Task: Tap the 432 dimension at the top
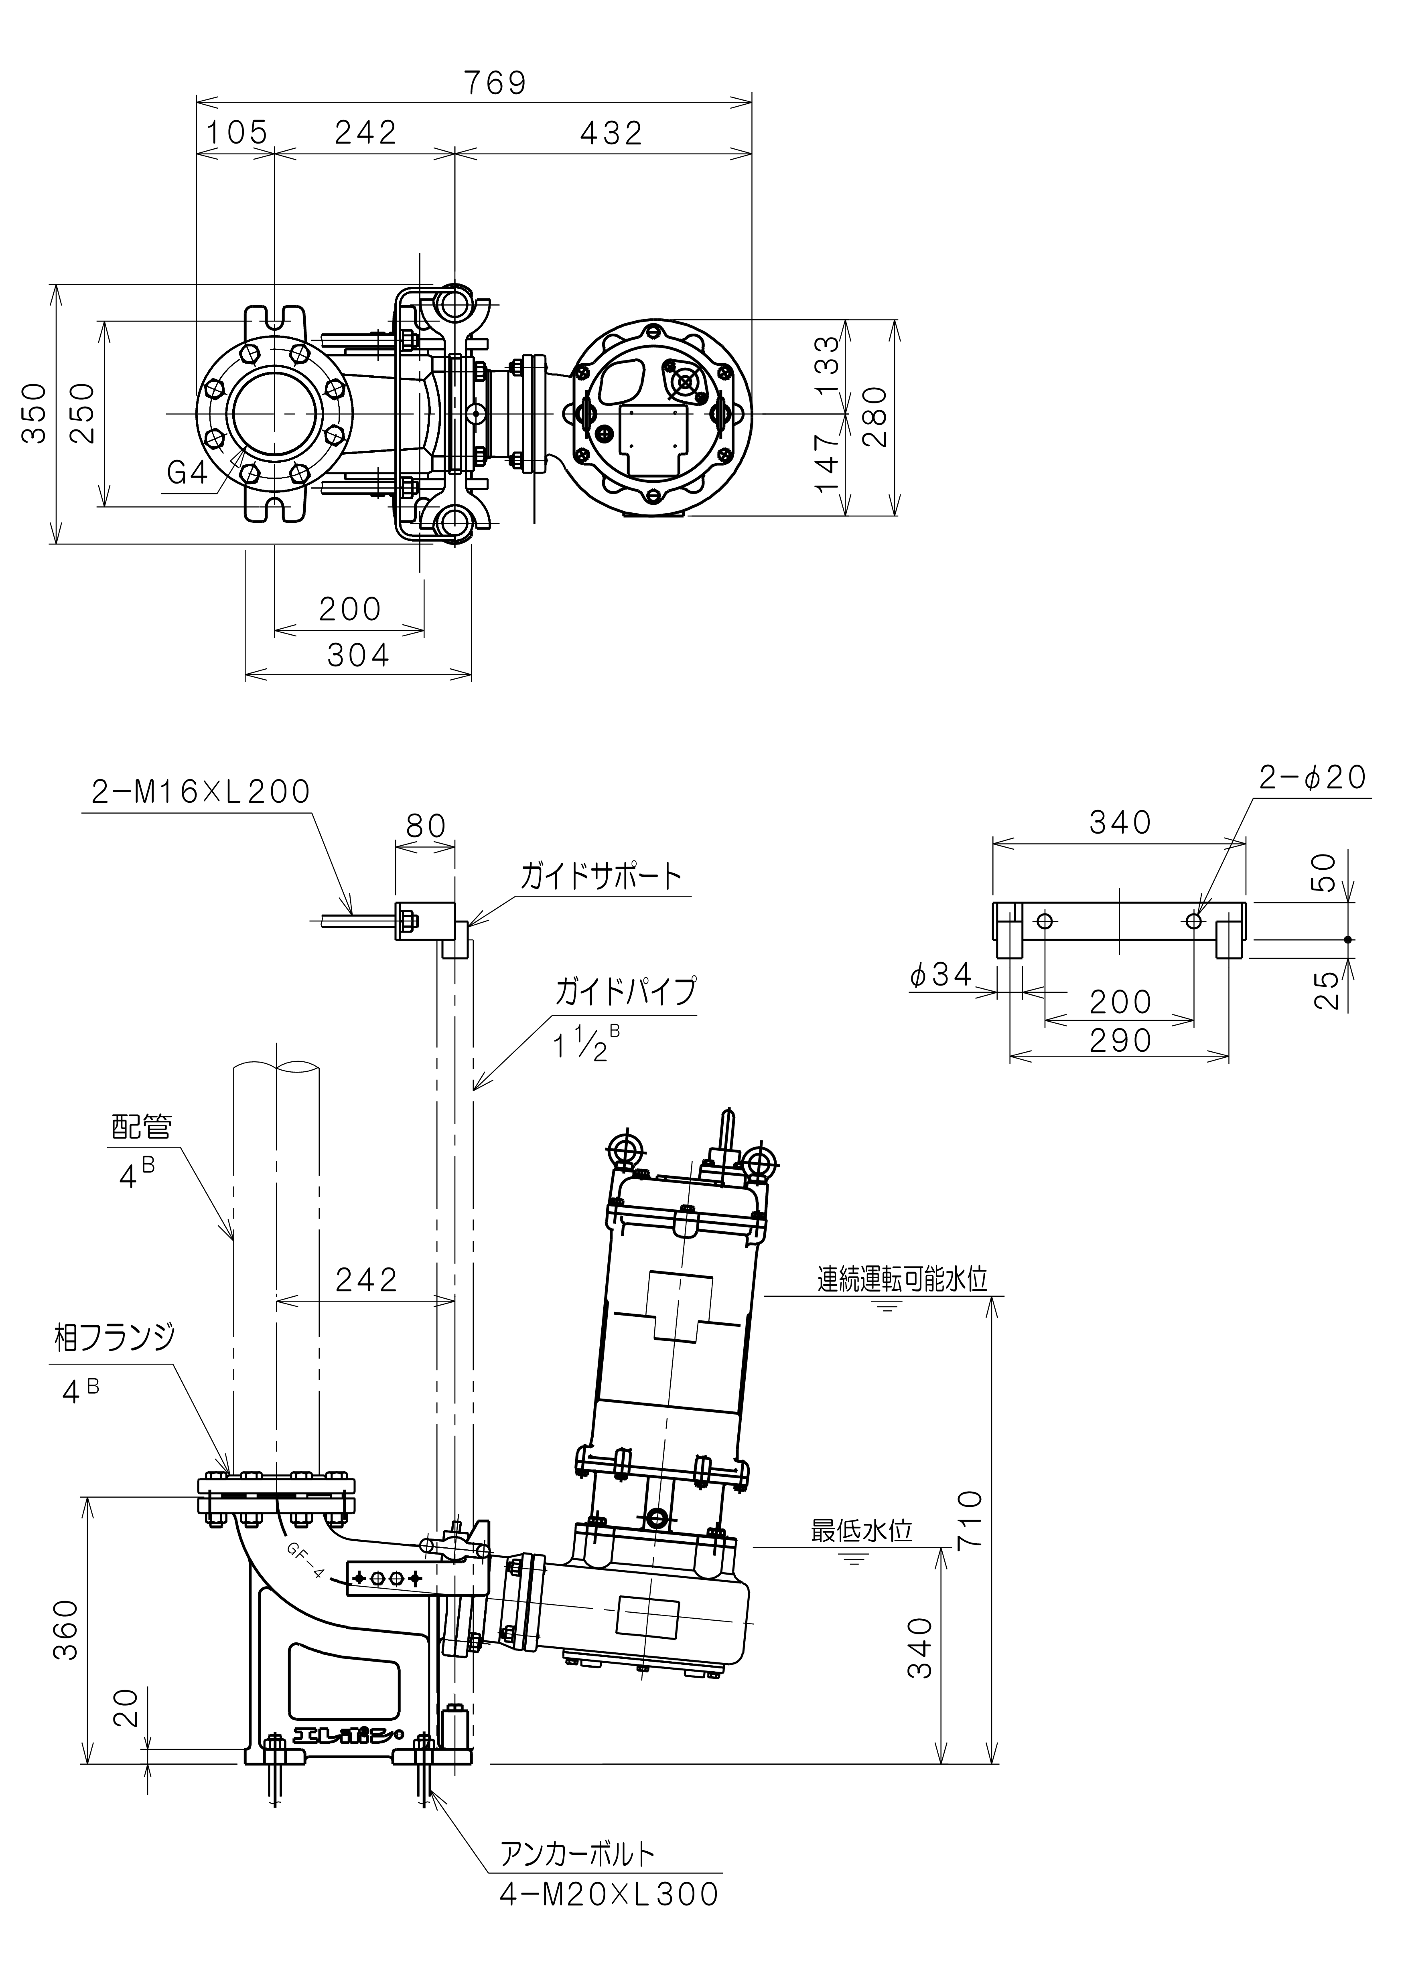[611, 132]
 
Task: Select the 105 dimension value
[236, 132]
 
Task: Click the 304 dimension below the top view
[359, 656]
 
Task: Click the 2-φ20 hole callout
[1312, 777]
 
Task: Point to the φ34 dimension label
[941, 975]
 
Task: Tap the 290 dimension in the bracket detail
[1120, 1040]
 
